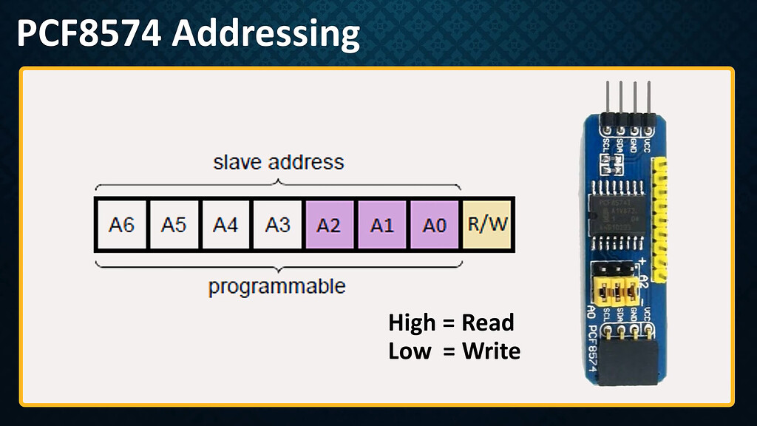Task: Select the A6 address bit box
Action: (121, 225)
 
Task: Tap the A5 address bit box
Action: (173, 225)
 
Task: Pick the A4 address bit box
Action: (225, 225)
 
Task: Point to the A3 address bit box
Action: (277, 225)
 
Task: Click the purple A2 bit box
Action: (329, 225)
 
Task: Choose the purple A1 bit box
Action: (381, 225)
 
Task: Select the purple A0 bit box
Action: (434, 225)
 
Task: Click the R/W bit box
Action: (487, 225)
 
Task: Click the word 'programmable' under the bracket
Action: (276, 286)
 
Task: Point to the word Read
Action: (487, 323)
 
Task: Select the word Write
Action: (491, 351)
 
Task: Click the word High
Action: (412, 323)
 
